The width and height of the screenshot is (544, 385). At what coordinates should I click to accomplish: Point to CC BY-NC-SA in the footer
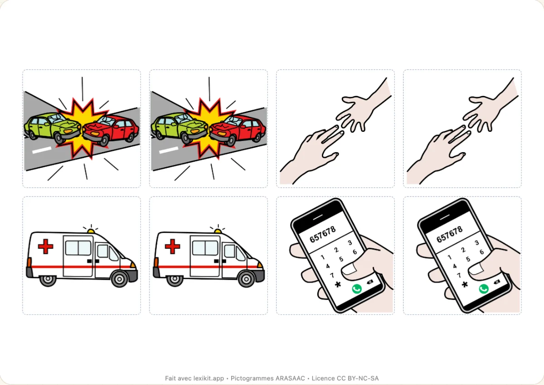[x=358, y=378]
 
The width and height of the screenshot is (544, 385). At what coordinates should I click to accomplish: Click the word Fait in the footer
[x=170, y=378]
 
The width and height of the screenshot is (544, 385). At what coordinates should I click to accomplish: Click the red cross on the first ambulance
[x=45, y=246]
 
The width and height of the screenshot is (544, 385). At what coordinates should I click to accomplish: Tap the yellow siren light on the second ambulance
[x=218, y=231]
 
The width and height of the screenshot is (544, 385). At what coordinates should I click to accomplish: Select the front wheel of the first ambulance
[x=119, y=279]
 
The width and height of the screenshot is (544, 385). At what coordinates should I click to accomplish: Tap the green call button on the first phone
[x=357, y=289]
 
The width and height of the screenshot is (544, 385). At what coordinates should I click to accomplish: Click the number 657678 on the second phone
[x=450, y=235]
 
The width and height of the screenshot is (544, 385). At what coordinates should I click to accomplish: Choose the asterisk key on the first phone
[x=338, y=284]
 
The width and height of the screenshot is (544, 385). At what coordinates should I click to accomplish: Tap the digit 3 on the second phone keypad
[x=477, y=243]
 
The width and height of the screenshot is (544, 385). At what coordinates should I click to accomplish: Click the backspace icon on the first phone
[x=370, y=282]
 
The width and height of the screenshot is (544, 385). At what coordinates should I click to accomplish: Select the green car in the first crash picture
[x=53, y=127]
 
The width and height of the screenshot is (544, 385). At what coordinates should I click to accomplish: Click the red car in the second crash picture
[x=238, y=130]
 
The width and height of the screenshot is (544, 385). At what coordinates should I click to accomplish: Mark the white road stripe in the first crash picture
[x=42, y=150]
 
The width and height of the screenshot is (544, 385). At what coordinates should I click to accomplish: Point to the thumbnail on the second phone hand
[x=477, y=269]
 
